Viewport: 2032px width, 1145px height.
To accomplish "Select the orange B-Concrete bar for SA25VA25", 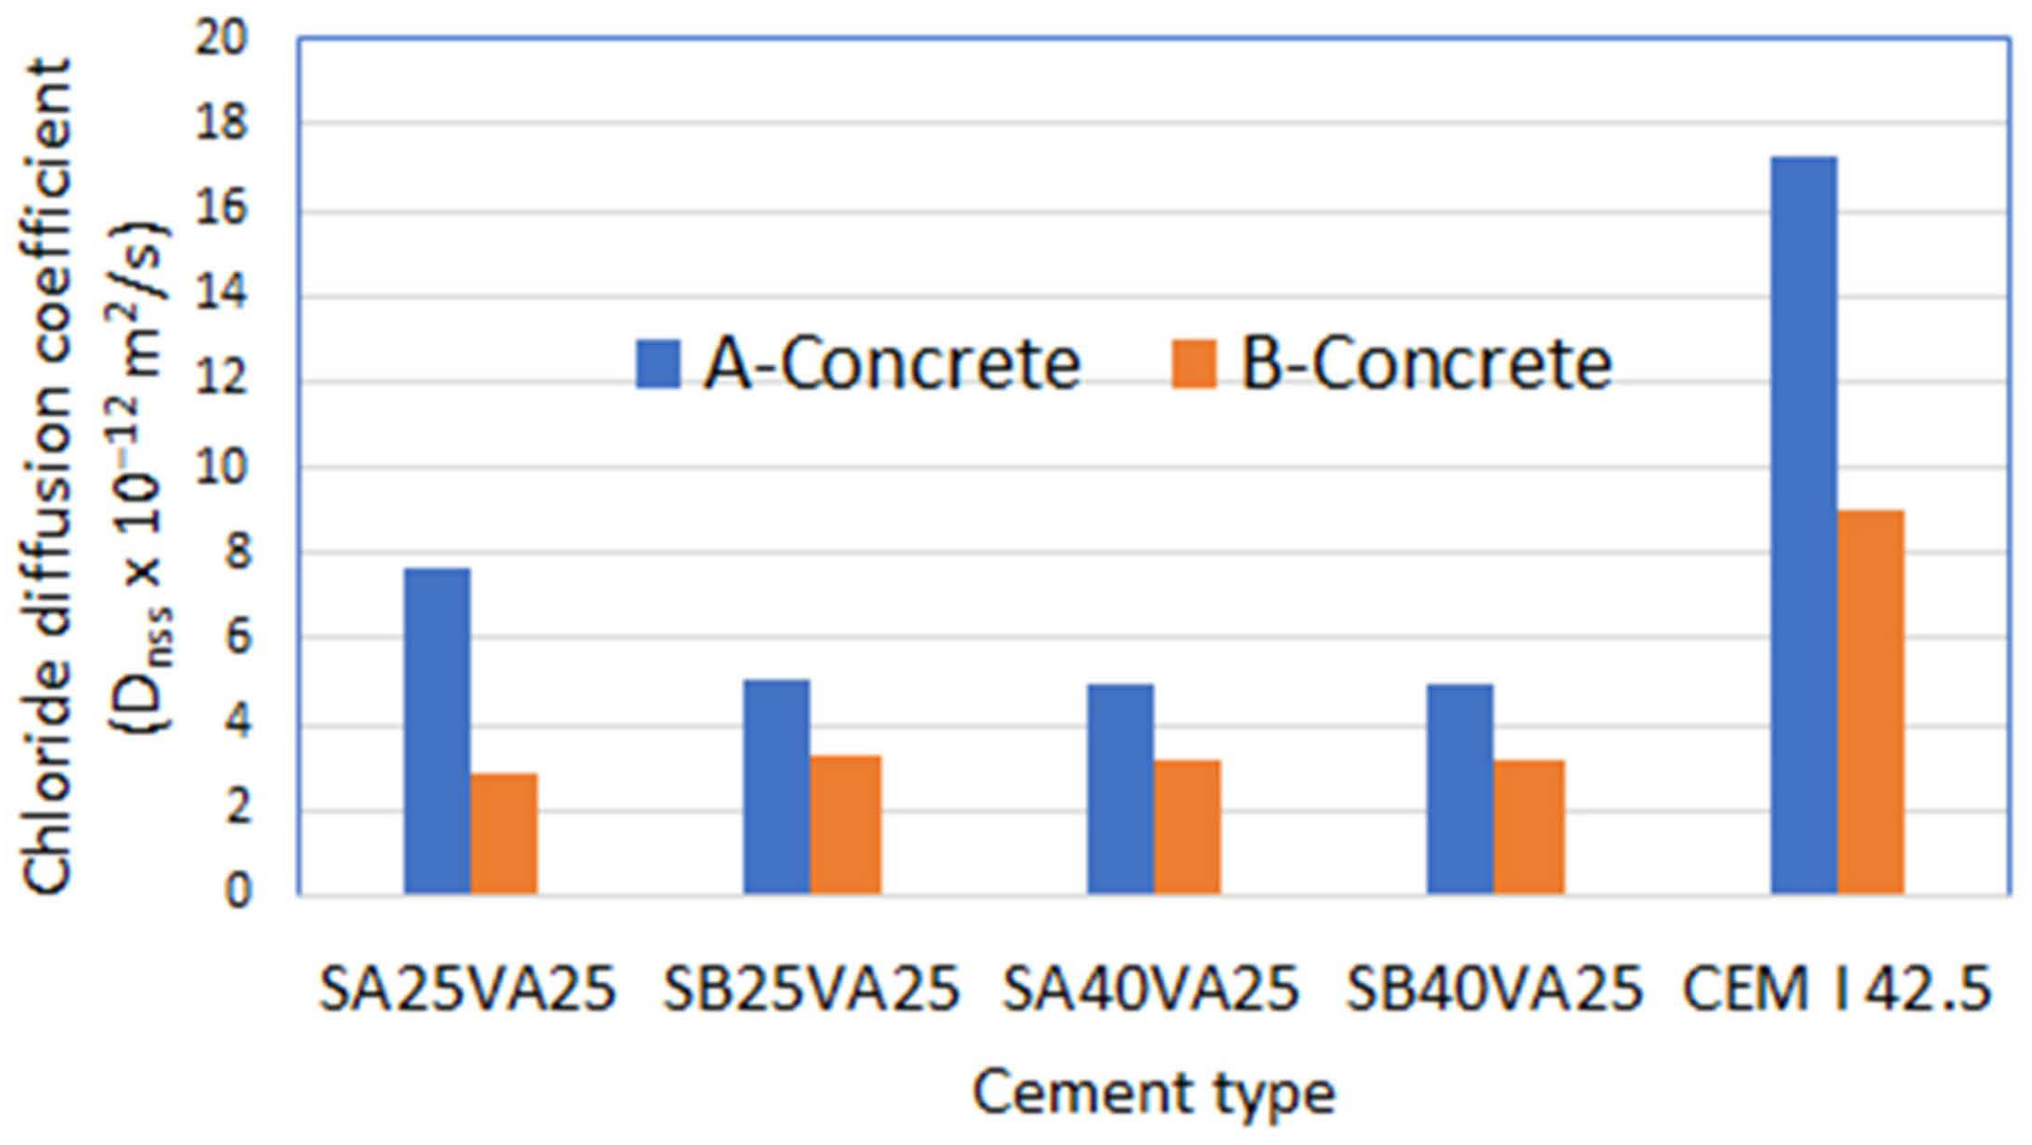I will coord(504,833).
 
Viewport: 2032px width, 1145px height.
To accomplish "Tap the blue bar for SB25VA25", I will coord(776,786).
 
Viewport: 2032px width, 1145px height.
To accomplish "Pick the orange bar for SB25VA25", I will coord(844,824).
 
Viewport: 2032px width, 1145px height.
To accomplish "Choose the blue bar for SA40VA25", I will coord(1120,788).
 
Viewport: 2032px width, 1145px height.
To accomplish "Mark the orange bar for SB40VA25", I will coord(1528,826).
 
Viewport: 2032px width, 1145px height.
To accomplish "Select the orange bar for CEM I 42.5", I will coord(1870,701).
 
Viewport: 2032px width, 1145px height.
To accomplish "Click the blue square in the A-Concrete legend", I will coord(657,364).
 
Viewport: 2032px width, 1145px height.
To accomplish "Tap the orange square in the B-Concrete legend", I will coord(1194,364).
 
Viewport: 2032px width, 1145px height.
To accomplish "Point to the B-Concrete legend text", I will coord(1425,364).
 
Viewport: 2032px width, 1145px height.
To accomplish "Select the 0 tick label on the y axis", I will coord(236,891).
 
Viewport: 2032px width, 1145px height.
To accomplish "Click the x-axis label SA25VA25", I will coord(467,989).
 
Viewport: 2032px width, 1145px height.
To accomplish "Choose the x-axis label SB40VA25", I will coord(1494,989).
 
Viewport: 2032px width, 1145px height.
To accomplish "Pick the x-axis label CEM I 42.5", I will coord(1837,989).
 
